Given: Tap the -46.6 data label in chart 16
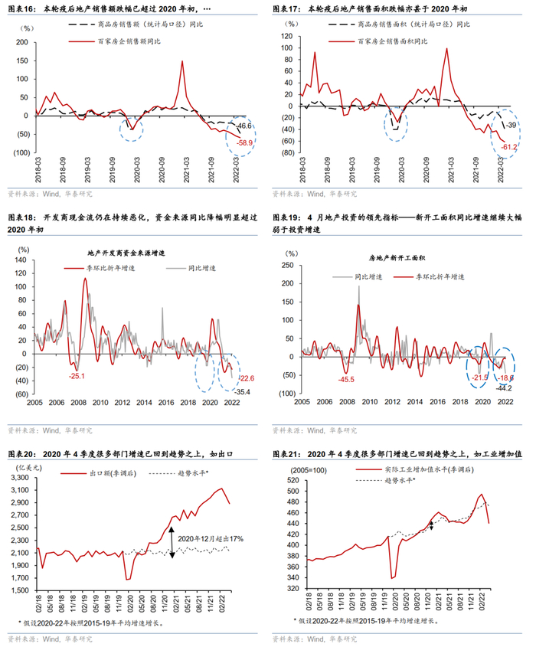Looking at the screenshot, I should [x=245, y=126].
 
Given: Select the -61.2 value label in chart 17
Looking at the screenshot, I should [x=509, y=146].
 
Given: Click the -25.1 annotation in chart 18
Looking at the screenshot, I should [x=77, y=376].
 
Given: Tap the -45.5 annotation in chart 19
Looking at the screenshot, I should [x=347, y=379].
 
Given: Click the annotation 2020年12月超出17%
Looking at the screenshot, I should [x=211, y=539].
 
